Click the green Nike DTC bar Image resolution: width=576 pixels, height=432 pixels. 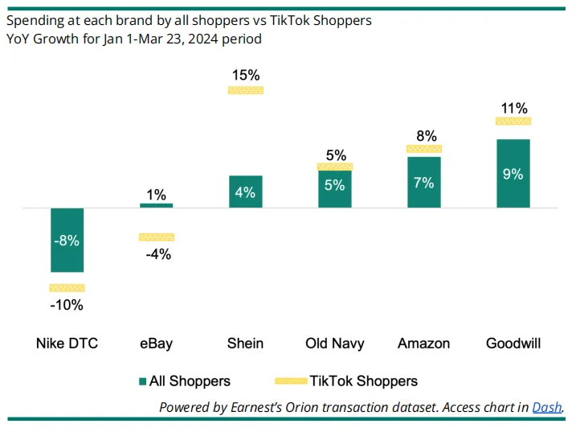[67, 240]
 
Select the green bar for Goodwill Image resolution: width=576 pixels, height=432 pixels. [513, 173]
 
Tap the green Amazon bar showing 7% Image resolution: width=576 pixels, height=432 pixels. [424, 182]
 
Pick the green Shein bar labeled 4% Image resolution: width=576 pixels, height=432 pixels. [246, 191]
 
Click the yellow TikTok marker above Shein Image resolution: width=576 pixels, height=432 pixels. [246, 90]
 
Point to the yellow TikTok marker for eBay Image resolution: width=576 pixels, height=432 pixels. [157, 237]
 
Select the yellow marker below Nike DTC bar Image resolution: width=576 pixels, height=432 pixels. [67, 288]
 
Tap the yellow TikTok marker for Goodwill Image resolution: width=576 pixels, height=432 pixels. [513, 121]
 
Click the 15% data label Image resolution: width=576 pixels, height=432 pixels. [246, 75]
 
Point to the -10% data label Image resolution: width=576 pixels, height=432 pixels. [67, 305]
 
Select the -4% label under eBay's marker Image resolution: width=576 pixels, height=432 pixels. [158, 254]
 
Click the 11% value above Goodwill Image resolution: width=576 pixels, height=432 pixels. [514, 108]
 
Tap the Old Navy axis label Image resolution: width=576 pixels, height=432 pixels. [335, 344]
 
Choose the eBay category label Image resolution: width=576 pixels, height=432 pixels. [156, 344]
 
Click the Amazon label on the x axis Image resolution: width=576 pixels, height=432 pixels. [424, 344]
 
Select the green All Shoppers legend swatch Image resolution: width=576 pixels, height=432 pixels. [142, 381]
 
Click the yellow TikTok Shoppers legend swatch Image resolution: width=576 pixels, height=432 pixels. [291, 381]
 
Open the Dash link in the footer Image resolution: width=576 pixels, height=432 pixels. [547, 407]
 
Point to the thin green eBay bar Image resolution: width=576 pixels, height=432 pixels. [157, 206]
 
